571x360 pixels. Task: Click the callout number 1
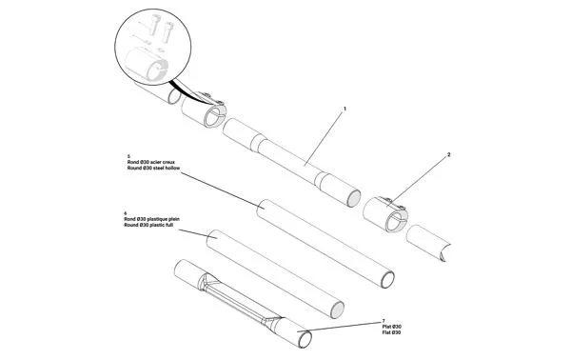tap(344, 110)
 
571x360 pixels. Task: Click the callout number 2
tap(448, 154)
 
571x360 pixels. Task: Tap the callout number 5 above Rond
tap(128, 155)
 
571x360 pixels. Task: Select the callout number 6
tap(126, 211)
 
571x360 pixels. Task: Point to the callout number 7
tap(383, 321)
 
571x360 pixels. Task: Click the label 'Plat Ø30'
tap(390, 327)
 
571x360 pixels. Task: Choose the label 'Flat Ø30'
tap(390, 332)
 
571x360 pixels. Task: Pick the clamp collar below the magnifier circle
tap(206, 114)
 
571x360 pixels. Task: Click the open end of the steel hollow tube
tap(388, 277)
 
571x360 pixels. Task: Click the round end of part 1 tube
tap(354, 197)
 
